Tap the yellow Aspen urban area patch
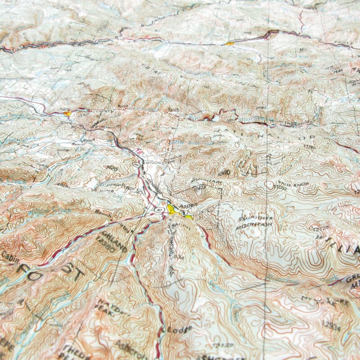tap(171, 209)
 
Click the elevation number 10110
tap(224, 172)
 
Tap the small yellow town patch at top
tap(230, 44)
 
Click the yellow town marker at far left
tap(67, 113)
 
